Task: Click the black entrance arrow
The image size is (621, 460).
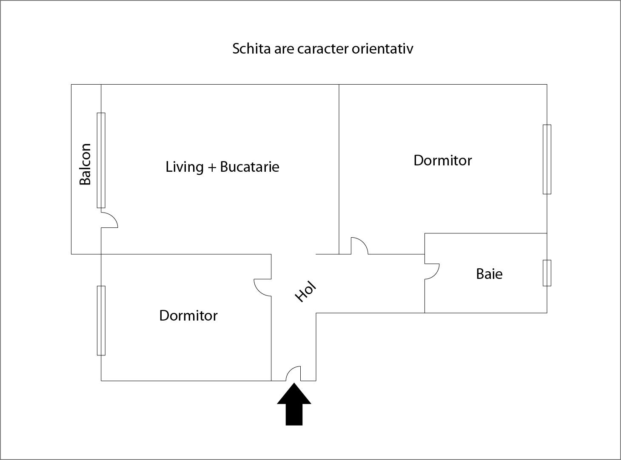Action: point(294,404)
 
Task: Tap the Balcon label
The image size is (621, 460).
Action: point(85,164)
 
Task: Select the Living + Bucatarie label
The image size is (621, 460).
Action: point(222,167)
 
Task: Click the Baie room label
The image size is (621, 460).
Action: point(489,274)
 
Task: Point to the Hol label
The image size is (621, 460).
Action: point(306,291)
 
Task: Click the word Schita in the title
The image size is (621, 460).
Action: point(252,49)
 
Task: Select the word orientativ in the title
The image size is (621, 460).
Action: point(382,49)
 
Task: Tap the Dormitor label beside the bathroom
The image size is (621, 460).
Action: point(443,160)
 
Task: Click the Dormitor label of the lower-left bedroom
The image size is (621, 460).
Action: point(188,315)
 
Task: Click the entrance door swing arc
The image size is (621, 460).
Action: point(293,374)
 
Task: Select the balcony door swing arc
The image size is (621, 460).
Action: point(109,220)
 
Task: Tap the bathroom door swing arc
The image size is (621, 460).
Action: point(432,271)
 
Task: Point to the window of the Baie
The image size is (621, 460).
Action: point(547,273)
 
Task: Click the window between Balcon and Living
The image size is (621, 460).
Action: point(101,160)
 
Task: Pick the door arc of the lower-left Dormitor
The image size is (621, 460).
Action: point(262,287)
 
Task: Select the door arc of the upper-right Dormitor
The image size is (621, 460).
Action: point(359,246)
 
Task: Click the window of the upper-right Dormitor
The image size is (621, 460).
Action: point(547,159)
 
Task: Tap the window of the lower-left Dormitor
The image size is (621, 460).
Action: point(101,321)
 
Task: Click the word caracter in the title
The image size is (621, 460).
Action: point(323,49)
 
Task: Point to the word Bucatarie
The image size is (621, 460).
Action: point(250,167)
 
